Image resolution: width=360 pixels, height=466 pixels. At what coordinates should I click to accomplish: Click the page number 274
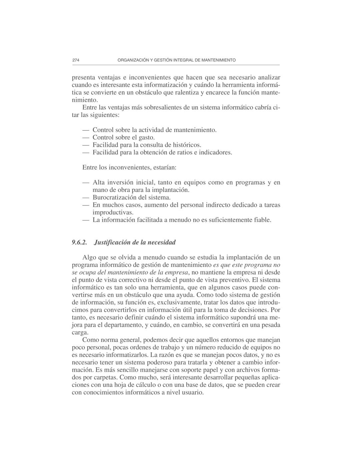pyautogui.click(x=75, y=60)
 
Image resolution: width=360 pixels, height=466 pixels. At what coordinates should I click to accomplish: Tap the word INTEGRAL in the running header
pyautogui.click(x=183, y=60)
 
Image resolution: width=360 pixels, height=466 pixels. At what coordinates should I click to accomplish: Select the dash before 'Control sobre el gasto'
pyautogui.click(x=86, y=137)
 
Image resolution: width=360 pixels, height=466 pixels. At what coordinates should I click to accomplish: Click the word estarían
pyautogui.click(x=164, y=167)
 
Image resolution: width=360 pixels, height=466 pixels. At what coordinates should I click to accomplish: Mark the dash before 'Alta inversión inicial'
pyautogui.click(x=86, y=182)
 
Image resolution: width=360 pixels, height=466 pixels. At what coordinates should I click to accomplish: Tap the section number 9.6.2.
pyautogui.click(x=79, y=242)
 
